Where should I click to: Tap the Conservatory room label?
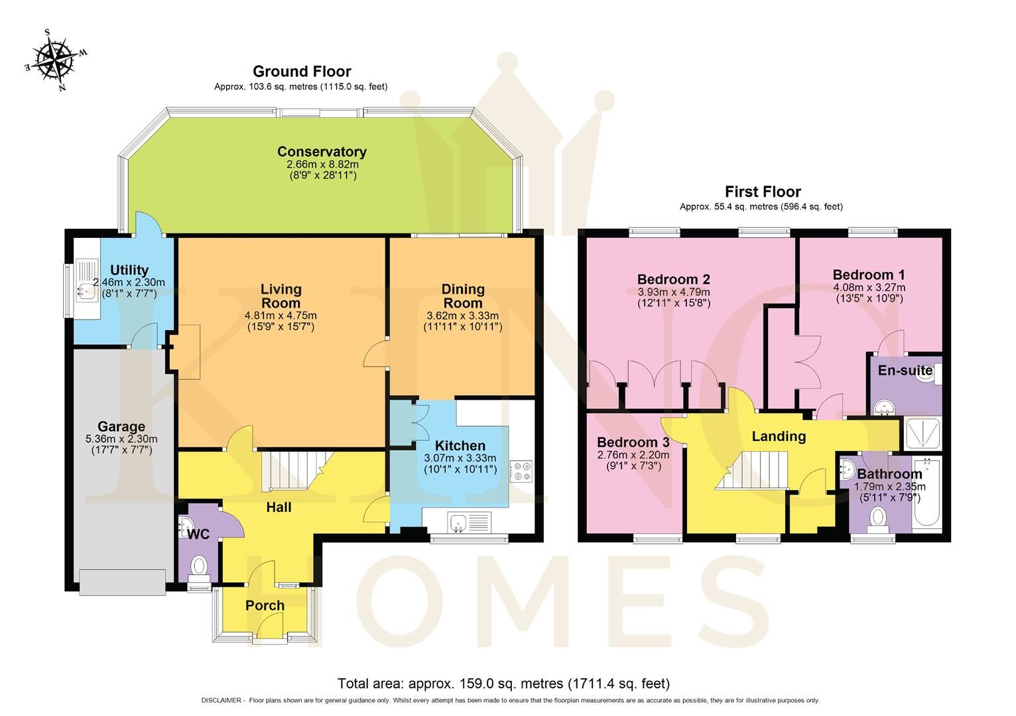click(322, 152)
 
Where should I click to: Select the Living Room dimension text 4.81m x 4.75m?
click(281, 315)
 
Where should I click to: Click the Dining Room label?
click(463, 296)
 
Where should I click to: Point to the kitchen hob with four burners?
click(521, 471)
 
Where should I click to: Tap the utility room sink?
click(84, 289)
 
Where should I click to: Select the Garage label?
click(121, 426)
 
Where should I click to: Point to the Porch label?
click(265, 605)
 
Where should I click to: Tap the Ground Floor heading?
click(302, 72)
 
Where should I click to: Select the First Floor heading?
click(763, 192)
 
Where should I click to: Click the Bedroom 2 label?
click(673, 279)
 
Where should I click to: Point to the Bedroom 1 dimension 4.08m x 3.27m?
click(869, 288)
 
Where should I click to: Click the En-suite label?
click(905, 371)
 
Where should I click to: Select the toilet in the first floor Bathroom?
click(879, 518)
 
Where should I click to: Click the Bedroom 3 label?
click(633, 442)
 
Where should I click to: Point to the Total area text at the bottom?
click(503, 684)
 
